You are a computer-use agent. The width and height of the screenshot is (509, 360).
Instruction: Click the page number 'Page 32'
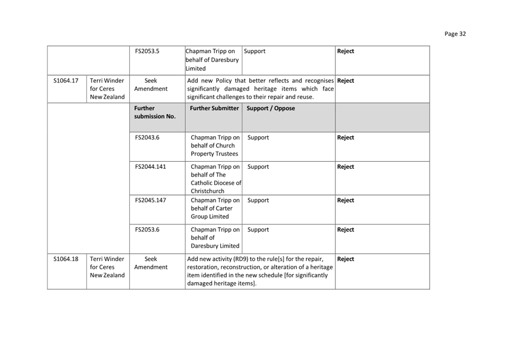455,34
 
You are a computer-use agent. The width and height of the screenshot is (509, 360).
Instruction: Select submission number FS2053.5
147,51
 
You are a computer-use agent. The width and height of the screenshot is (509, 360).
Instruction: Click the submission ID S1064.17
66,81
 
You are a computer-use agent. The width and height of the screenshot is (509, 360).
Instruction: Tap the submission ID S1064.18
66,259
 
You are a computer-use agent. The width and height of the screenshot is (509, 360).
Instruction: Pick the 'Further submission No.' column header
155,112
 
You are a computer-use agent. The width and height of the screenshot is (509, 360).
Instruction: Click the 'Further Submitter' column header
214,108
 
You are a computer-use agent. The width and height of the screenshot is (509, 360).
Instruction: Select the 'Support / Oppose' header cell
271,108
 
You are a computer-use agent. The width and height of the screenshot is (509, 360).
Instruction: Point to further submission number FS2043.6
147,138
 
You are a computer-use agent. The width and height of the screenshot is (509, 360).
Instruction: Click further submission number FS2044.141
150,167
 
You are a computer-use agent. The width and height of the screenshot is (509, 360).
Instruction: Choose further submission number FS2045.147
150,200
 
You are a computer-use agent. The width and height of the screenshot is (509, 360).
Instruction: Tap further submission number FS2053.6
147,230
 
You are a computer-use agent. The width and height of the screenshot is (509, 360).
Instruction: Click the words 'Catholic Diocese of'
216,183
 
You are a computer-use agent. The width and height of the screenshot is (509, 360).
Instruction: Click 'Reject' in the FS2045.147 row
346,200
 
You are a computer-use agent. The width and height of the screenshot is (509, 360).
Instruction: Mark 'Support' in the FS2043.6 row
258,138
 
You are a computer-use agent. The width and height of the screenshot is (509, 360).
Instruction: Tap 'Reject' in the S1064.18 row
346,259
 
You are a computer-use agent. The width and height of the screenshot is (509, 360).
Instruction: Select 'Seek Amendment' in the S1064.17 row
151,84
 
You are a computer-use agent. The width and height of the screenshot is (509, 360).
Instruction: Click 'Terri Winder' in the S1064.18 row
107,259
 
